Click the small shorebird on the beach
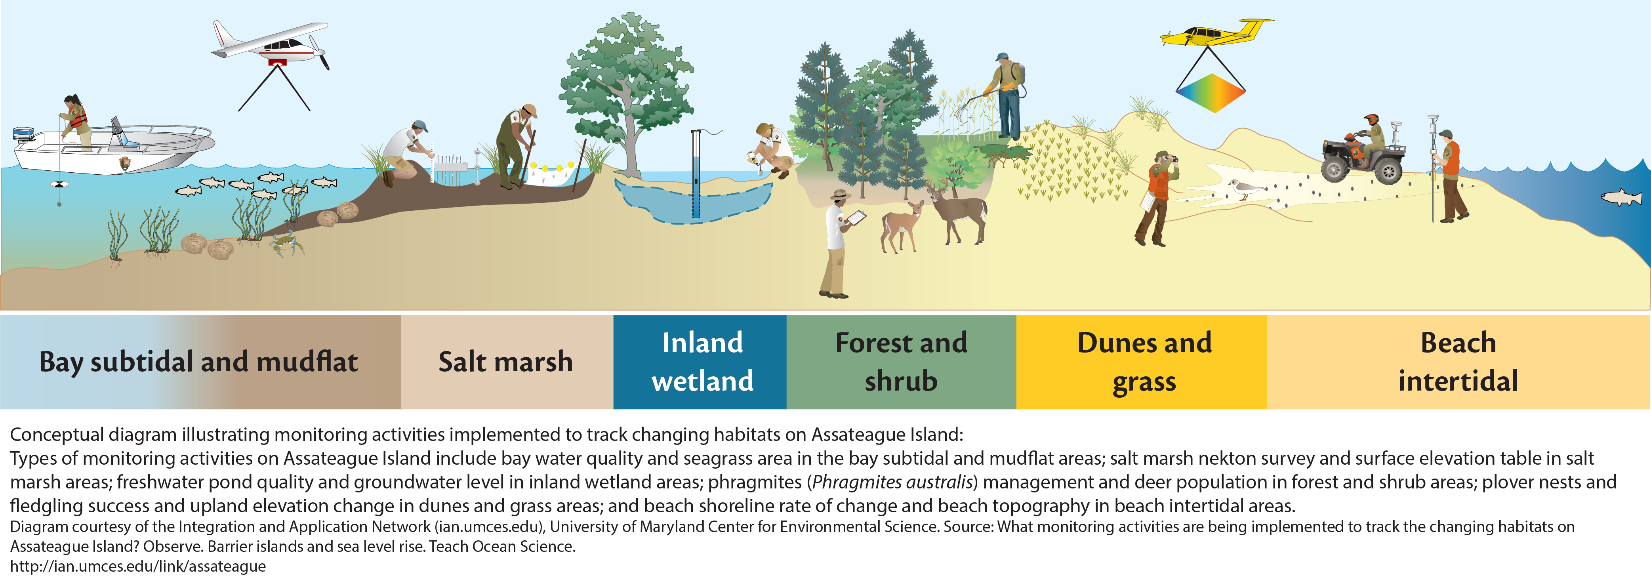pyautogui.click(x=1243, y=189)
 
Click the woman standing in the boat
pyautogui.click(x=76, y=122)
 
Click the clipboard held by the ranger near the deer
pyautogui.click(x=856, y=218)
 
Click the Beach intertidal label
pyautogui.click(x=1458, y=362)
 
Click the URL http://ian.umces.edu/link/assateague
pyautogui.click(x=138, y=566)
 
